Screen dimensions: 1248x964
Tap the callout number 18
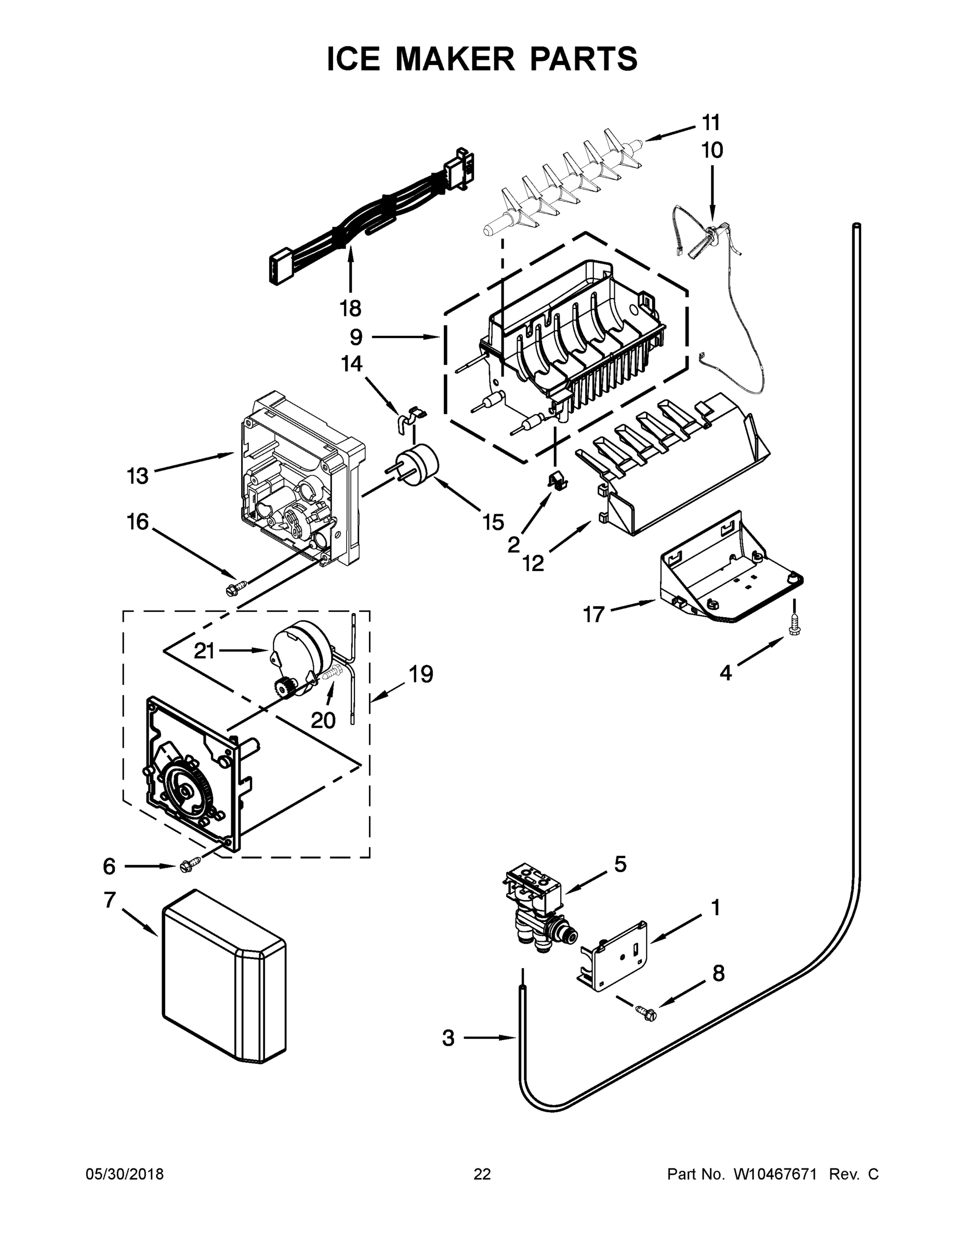351,308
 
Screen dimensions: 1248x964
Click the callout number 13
138,475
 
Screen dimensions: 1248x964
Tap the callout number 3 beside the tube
448,1038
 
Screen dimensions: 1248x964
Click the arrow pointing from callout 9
405,337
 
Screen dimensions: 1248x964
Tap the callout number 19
421,674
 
